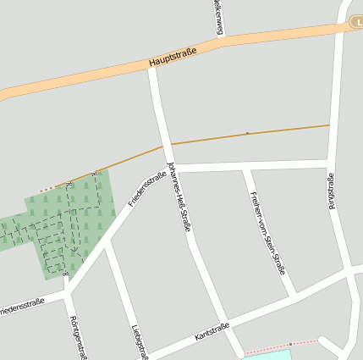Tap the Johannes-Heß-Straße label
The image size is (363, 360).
point(180,196)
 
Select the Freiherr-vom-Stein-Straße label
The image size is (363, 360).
point(267,232)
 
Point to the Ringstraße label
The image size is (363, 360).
point(332,191)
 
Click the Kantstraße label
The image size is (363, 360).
point(212,330)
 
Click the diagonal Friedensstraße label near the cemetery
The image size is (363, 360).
point(147,188)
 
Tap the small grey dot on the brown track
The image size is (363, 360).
point(247,133)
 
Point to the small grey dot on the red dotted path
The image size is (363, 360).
point(290,344)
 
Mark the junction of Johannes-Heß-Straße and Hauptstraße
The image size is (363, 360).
point(152,66)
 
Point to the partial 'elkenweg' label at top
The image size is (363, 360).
point(219,17)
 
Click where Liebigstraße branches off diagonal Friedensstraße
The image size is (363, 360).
point(103,243)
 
